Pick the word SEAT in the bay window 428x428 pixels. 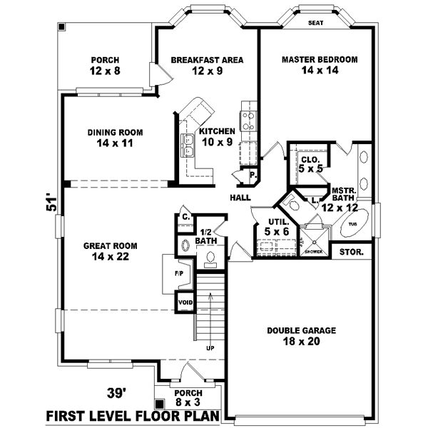click(x=315, y=23)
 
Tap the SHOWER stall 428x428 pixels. click(x=312, y=240)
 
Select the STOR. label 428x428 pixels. click(x=351, y=253)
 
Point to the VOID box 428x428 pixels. click(x=185, y=302)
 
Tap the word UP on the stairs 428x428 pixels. click(x=210, y=349)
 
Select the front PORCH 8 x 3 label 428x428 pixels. click(x=188, y=398)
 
